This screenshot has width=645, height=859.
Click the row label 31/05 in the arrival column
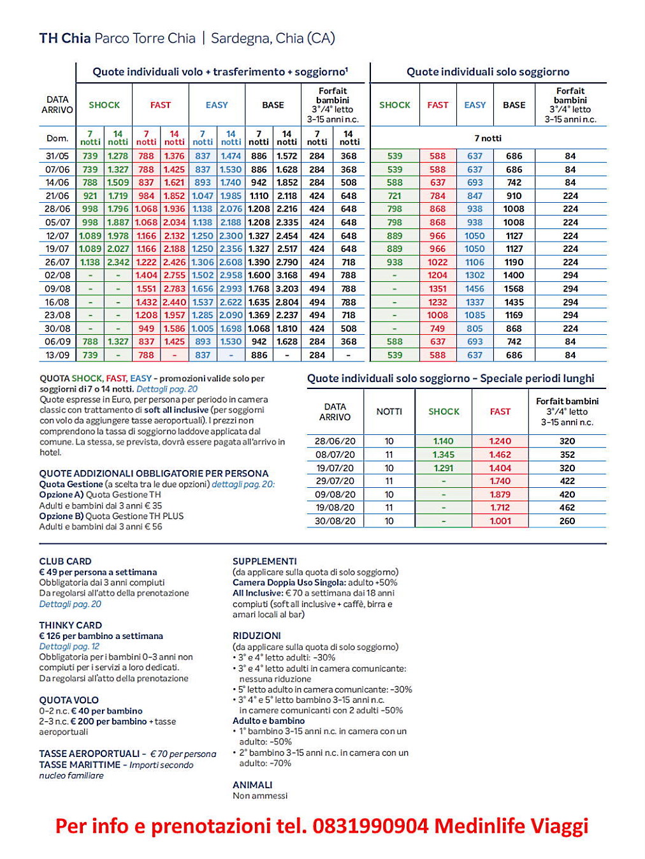click(57, 156)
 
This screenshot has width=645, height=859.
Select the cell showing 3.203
click(287, 289)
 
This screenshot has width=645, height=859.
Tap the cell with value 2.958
click(231, 275)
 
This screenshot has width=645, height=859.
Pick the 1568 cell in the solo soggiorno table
click(514, 289)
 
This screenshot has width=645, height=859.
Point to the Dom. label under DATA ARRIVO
click(57, 138)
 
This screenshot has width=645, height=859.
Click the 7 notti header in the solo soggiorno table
click(488, 138)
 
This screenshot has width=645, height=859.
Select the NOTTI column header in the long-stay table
click(389, 411)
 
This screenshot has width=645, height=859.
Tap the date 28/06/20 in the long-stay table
click(335, 441)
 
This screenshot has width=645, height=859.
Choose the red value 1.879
click(500, 494)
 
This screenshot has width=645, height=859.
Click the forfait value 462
click(567, 508)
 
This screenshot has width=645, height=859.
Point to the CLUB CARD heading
click(65, 561)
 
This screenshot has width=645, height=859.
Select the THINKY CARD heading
click(70, 625)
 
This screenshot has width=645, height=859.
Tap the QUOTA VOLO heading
click(69, 700)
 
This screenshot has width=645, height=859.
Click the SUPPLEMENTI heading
click(265, 561)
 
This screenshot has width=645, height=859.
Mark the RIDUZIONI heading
click(256, 636)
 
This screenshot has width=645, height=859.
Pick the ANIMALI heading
click(252, 784)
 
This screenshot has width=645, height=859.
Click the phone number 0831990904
click(370, 826)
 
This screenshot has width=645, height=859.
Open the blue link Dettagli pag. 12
click(69, 646)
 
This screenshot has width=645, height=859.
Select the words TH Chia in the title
click(64, 38)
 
